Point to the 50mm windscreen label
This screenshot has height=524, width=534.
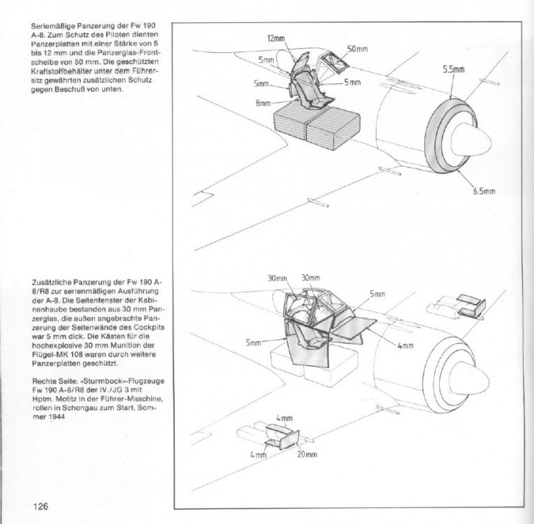point(357,49)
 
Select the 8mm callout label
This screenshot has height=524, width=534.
point(263,103)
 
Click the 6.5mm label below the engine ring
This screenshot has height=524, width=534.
point(484,191)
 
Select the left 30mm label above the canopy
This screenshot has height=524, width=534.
point(277,279)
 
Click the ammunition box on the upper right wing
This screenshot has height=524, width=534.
point(470,303)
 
